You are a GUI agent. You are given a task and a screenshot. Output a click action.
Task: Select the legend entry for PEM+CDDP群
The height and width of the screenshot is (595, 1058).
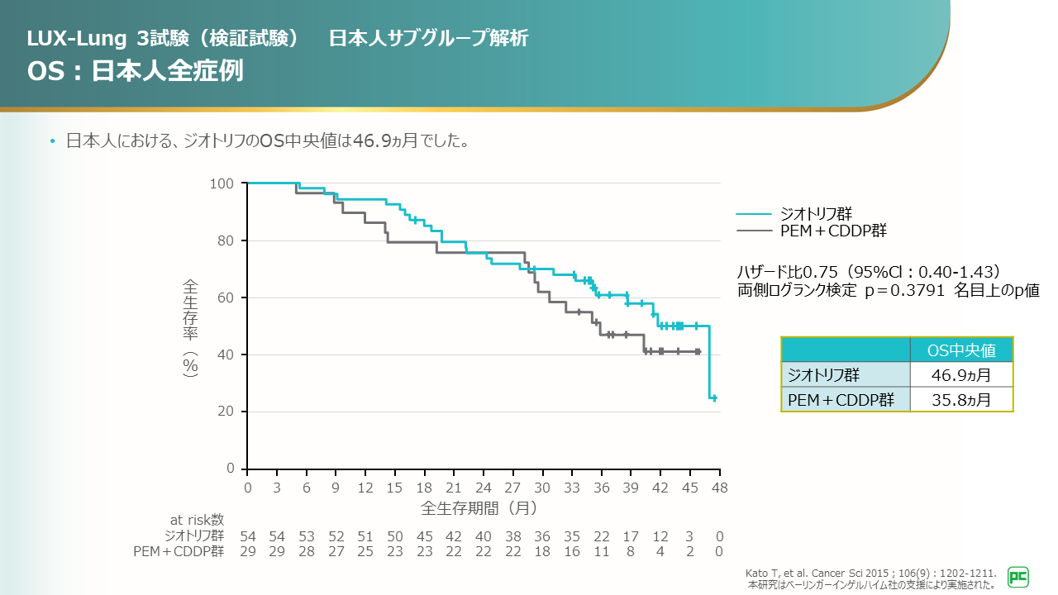click(833, 231)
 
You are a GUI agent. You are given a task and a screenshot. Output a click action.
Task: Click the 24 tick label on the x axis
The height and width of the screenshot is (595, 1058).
click(484, 488)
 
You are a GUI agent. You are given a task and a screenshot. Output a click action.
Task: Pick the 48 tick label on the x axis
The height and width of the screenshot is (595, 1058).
click(720, 488)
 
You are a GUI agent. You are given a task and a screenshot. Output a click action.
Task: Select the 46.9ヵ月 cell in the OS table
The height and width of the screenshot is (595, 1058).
click(960, 376)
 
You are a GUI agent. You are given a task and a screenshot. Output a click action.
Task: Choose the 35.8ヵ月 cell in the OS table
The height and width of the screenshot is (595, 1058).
click(960, 400)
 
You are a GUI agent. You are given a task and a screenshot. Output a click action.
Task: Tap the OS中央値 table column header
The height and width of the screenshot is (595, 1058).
click(960, 350)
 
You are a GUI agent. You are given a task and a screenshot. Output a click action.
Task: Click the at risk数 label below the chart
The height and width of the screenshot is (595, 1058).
click(197, 520)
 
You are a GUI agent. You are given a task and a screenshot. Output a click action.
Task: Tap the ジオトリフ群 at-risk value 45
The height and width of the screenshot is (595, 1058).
click(424, 536)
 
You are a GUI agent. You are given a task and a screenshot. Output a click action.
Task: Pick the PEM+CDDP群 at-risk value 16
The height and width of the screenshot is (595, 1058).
click(572, 551)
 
